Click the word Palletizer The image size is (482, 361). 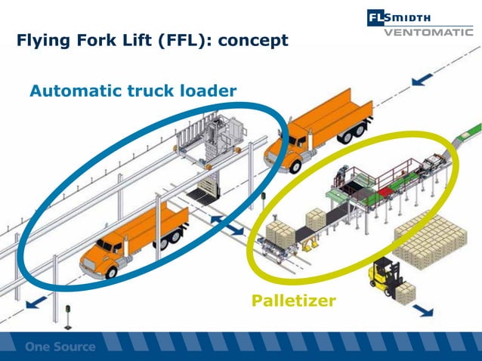[x=293, y=302]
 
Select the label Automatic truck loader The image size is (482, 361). [x=133, y=91]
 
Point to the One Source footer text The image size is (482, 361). [x=60, y=347]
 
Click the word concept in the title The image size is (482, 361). [x=253, y=40]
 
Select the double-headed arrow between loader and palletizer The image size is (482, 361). [x=227, y=223]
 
